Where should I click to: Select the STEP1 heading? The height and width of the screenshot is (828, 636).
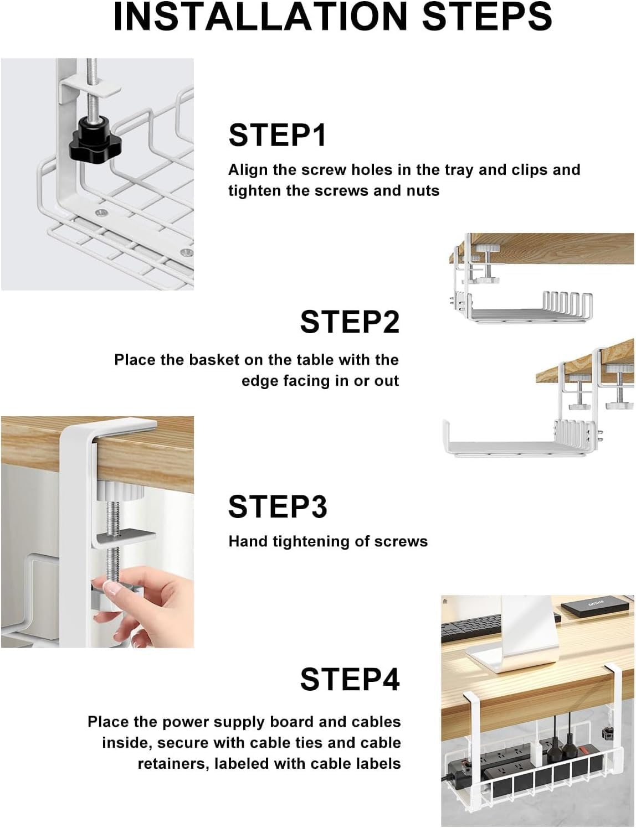pyautogui.click(x=278, y=135)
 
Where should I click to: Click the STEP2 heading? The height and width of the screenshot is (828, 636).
pyautogui.click(x=350, y=322)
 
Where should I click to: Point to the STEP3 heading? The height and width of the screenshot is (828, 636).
pyautogui.click(x=278, y=506)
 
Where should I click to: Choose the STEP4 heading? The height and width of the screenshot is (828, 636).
pyautogui.click(x=350, y=679)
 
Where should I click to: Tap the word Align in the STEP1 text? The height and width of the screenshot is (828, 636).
pyautogui.click(x=248, y=170)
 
